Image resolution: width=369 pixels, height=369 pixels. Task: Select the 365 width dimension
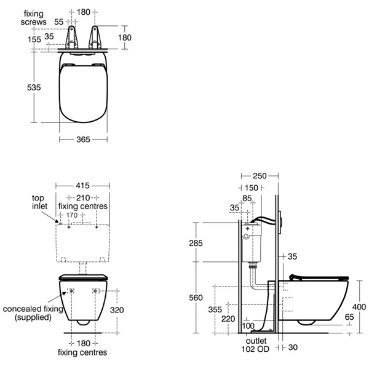click(82, 140)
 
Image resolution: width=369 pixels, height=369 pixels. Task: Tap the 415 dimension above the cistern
click(82, 185)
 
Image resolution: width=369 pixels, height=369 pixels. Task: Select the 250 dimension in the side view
click(260, 176)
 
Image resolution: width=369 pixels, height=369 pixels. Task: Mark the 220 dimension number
click(228, 318)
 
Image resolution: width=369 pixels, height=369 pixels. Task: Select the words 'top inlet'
click(41, 203)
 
